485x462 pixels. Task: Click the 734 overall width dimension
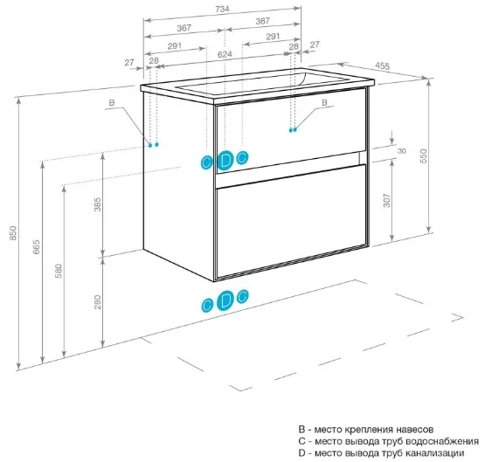222,10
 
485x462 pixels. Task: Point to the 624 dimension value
225,54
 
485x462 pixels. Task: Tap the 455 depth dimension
383,66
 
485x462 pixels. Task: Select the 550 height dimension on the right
424,156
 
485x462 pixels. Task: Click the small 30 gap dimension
401,151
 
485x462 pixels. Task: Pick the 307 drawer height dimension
386,201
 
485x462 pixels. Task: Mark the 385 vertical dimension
97,204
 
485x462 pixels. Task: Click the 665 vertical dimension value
36,247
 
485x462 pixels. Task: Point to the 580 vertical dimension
59,271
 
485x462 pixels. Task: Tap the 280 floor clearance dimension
97,302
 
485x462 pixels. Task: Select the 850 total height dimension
13,233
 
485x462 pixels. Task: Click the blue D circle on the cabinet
225,161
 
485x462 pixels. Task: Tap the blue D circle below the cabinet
225,300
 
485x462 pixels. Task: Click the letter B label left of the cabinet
112,103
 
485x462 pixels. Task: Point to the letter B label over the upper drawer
324,102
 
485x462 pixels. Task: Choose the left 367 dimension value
184,28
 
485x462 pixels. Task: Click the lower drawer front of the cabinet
291,221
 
